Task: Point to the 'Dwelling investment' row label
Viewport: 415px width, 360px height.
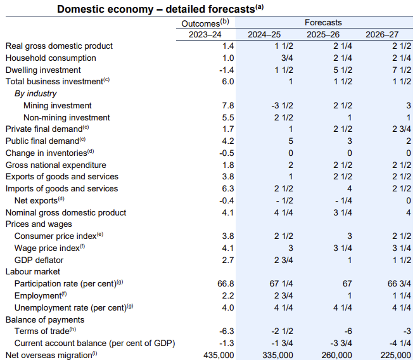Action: [44, 70]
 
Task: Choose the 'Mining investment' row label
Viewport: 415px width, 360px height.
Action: [57, 105]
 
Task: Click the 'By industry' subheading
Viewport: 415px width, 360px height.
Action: [36, 94]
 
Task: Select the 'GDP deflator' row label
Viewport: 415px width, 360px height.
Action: [39, 260]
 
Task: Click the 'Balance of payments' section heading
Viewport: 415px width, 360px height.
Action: [45, 319]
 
